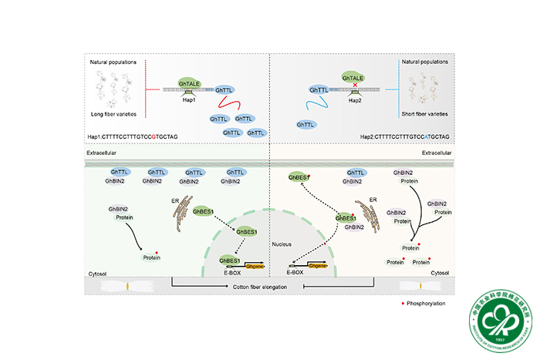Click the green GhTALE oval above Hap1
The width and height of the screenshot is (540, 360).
188,82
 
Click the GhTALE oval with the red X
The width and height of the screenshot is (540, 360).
352,78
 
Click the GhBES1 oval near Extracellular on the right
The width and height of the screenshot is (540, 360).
299,177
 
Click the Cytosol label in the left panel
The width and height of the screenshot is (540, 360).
99,272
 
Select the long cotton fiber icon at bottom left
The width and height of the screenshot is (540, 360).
127,286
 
